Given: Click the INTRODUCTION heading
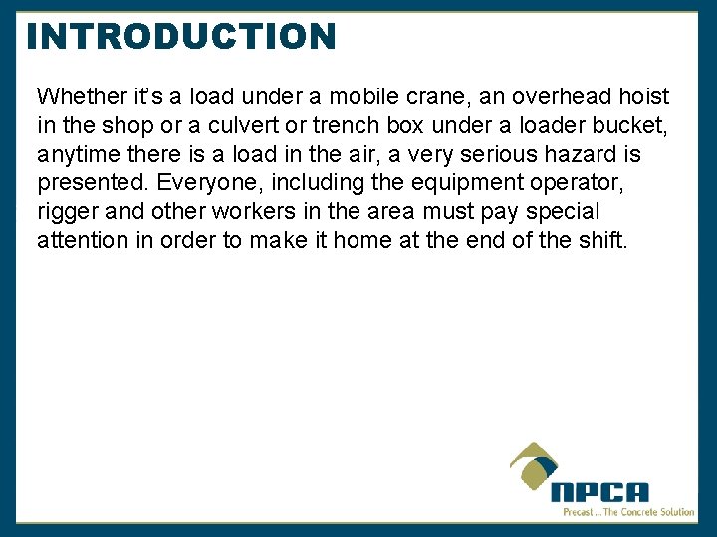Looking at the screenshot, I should (x=181, y=37).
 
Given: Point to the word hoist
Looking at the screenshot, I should (x=645, y=96).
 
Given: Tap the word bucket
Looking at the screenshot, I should (x=635, y=125).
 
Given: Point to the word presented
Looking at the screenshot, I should (x=90, y=183).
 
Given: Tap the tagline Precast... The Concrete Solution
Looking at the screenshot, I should (x=628, y=512).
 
